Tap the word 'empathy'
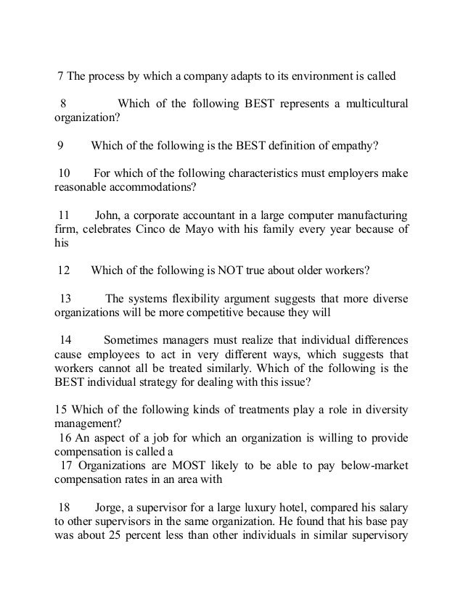351,144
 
